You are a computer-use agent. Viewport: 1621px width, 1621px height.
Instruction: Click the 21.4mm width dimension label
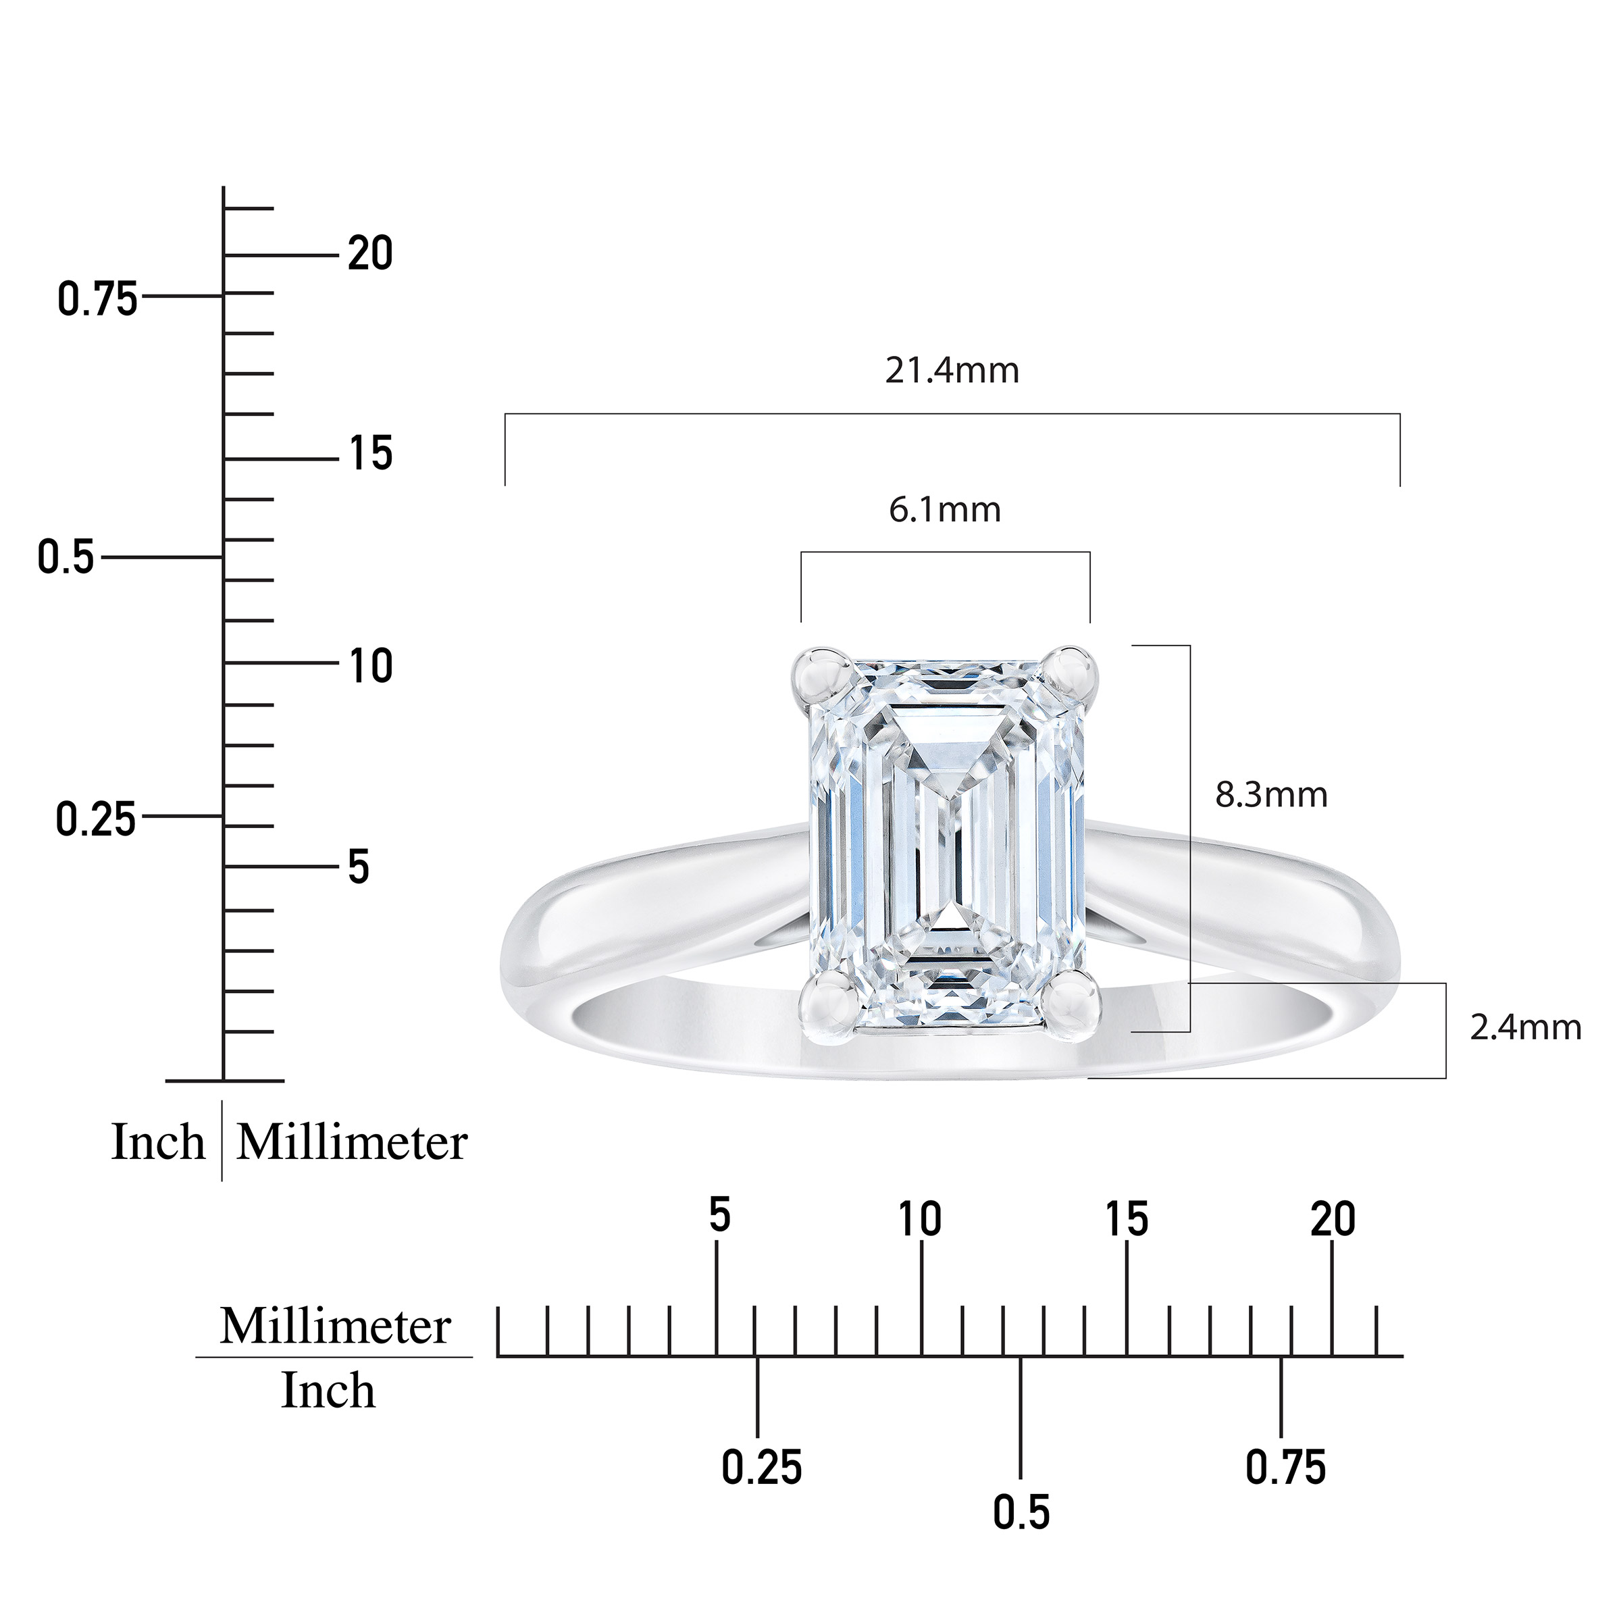click(952, 370)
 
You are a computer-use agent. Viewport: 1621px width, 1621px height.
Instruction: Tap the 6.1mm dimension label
click(945, 509)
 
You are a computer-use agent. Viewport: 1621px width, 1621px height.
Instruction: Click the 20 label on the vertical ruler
click(370, 253)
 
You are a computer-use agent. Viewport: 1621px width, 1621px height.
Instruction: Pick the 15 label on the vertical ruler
click(370, 454)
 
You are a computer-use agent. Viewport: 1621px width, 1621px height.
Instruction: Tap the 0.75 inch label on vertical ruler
click(97, 299)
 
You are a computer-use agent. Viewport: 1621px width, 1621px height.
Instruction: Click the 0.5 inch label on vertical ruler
click(66, 558)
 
